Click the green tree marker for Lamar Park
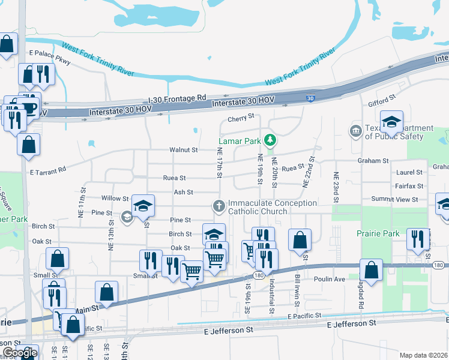coord(271,140)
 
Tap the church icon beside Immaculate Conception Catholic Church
coord(219,206)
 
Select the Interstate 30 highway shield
coord(310,98)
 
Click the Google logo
coord(19,352)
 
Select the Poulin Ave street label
coord(330,279)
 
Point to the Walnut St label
coord(183,149)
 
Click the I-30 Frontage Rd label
coord(177,97)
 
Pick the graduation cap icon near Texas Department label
coord(391,122)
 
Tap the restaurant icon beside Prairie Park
coord(417,238)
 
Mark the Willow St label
coord(115,198)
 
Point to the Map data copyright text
coord(423,355)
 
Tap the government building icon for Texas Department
coord(355,130)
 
